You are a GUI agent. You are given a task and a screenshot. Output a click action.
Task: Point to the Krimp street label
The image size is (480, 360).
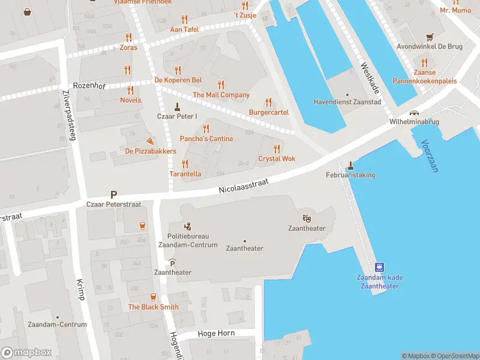[x=80, y=289]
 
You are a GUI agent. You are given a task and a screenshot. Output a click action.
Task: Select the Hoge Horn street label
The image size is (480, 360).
[x=215, y=333]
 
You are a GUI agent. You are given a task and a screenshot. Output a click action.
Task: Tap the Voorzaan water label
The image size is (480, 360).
[x=430, y=156]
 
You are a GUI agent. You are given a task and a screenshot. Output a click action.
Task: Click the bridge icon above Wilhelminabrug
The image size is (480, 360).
[x=414, y=113]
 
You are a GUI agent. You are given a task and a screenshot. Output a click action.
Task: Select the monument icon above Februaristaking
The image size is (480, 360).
[x=350, y=165]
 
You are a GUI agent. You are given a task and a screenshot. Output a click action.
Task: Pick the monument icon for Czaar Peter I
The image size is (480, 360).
[x=176, y=107]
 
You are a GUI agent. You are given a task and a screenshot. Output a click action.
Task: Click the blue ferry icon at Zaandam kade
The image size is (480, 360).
[x=379, y=268]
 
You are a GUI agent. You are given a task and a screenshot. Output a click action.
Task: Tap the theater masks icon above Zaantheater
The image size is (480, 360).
[x=307, y=219]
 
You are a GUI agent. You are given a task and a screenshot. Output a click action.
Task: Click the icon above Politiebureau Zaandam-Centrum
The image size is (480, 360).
[x=187, y=226]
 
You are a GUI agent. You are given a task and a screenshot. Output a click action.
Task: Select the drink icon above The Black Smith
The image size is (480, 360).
[x=153, y=297]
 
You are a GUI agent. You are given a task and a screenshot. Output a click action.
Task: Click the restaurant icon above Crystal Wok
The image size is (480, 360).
[x=277, y=149]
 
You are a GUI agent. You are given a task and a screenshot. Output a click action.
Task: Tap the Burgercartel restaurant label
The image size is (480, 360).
[x=269, y=112]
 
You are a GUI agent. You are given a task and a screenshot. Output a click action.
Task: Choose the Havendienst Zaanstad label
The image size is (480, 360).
[x=347, y=102]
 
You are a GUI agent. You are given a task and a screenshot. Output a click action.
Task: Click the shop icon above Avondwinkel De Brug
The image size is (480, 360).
[x=429, y=37]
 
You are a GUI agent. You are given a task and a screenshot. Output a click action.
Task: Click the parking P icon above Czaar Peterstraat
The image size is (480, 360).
[x=113, y=194]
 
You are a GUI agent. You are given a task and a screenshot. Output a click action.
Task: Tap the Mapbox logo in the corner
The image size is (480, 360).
[x=26, y=352]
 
